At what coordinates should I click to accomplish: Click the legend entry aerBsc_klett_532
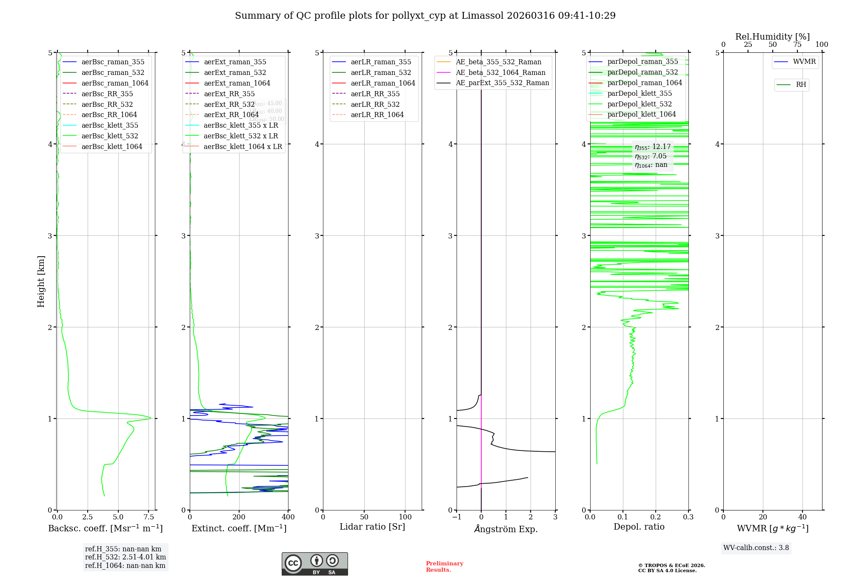click(x=109, y=136)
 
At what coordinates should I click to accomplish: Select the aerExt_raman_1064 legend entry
click(x=237, y=83)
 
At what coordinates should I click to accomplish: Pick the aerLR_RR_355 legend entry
click(x=375, y=94)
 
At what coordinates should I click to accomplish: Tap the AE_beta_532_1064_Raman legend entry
click(x=500, y=73)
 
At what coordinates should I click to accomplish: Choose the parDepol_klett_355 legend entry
click(x=639, y=94)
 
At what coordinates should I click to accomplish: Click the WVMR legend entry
click(x=804, y=62)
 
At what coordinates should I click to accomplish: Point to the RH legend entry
click(x=800, y=85)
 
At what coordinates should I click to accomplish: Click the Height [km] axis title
click(x=41, y=281)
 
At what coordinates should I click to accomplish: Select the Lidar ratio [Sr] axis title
click(x=372, y=527)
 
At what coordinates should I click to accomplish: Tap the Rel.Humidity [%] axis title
click(x=772, y=37)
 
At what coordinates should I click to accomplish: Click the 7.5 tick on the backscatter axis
click(x=148, y=517)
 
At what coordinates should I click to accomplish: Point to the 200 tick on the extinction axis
click(x=239, y=517)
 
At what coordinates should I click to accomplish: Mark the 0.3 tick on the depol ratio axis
click(x=688, y=517)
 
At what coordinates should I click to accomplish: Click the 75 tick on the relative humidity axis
click(x=797, y=45)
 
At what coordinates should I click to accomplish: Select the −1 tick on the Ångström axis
click(x=457, y=517)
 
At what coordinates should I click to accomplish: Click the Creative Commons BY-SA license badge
click(x=314, y=564)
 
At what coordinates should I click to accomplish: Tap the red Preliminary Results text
click(x=444, y=567)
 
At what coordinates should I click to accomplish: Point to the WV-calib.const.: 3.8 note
click(x=756, y=548)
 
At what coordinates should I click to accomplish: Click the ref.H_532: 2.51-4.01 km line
click(x=126, y=557)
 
